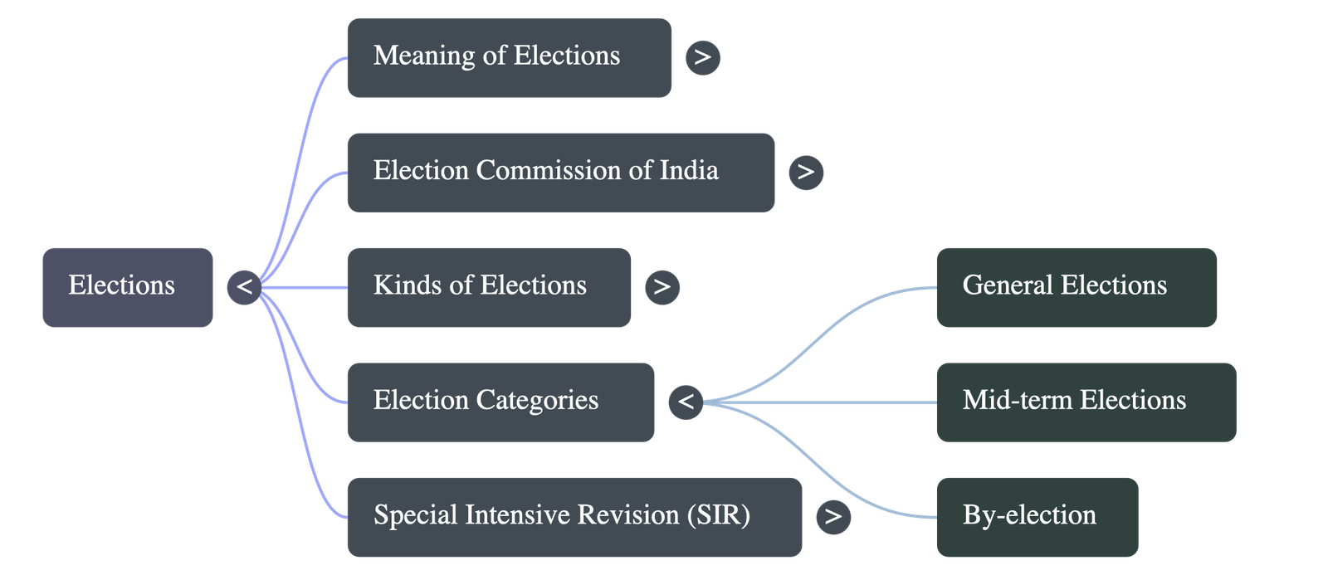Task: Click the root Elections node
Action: [128, 287]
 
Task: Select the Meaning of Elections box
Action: [510, 57]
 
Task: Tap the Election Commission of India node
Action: [561, 173]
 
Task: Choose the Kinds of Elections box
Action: [489, 287]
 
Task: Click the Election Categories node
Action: [501, 402]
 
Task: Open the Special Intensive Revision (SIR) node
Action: [574, 518]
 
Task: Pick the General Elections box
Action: [1077, 287]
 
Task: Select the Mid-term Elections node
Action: [1086, 402]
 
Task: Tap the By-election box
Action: [1037, 518]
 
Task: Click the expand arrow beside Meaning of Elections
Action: [703, 57]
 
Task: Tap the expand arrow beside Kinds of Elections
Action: [662, 287]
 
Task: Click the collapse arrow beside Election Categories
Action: [686, 402]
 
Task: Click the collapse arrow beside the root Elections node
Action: [244, 287]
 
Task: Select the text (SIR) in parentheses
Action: [719, 515]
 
